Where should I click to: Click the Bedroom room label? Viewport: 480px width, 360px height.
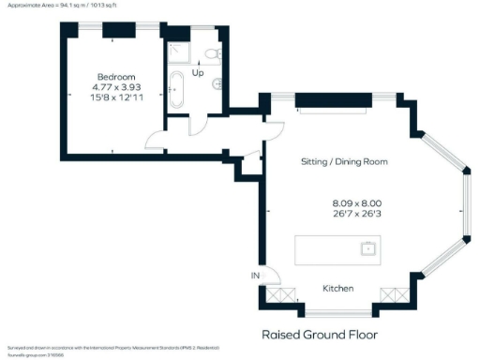116,77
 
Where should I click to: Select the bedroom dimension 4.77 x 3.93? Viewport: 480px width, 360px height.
116,87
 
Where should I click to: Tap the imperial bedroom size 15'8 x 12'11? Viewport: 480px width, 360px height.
116,97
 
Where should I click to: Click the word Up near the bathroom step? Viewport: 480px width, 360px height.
198,72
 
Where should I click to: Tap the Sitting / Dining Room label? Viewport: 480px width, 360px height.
344,161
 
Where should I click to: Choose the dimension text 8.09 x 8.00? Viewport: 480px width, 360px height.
357,203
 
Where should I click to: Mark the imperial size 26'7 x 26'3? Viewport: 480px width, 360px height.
357,215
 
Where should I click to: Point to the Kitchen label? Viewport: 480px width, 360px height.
338,288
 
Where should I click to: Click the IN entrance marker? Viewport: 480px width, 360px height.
254,275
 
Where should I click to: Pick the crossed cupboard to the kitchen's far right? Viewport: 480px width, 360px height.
391,295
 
